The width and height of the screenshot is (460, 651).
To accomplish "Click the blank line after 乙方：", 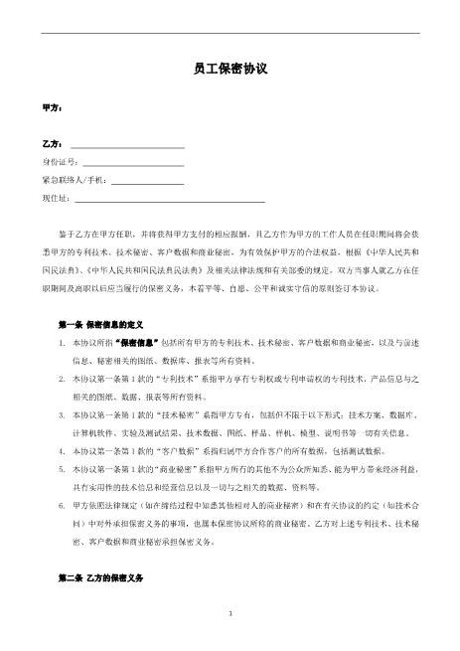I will point(124,146).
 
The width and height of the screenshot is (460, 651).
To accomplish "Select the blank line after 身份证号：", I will point(133,164).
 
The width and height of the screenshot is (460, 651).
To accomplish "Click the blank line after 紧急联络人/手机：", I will point(146,183).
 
